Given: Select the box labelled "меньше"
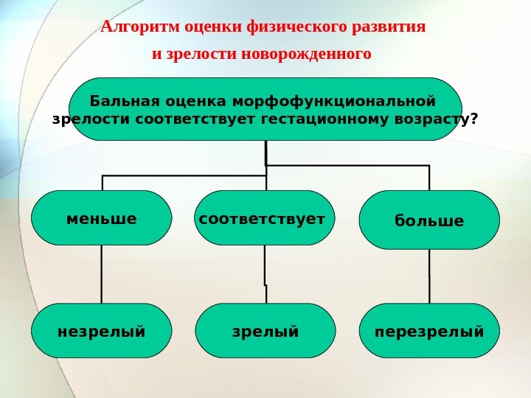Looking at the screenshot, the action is pos(102,218).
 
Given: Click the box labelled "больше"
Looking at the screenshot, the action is pos(428,220).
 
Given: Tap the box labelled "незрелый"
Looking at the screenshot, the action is pos(102,331).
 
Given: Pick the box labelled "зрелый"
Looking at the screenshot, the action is pos(265,331).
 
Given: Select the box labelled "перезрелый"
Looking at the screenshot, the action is pos(428,331).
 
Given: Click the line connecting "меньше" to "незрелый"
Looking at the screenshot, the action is pos(102,273).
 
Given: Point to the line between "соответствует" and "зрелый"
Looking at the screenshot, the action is pos(265,273).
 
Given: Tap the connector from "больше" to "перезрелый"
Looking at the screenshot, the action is pos(428,276).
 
